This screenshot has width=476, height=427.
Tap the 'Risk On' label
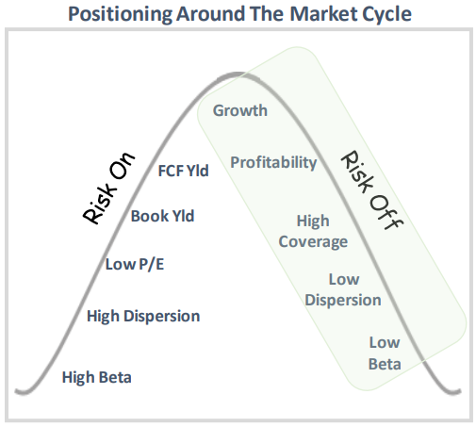pos(109,188)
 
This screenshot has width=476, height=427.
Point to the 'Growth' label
pos(239,111)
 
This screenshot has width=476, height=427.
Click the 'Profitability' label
pos(273,163)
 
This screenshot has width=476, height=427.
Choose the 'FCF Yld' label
pos(184,171)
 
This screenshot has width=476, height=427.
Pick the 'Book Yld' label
pos(162,216)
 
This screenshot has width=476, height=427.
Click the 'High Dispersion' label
pos(142,316)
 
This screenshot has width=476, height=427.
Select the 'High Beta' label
pos(96,378)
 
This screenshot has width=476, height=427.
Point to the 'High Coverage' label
pos(313,231)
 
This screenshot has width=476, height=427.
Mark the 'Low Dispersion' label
pos(343,289)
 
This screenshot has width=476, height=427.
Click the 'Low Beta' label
pos(385,353)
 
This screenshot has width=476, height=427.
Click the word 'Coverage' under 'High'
pos(313,241)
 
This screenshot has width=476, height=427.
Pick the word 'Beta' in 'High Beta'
pos(115,378)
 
